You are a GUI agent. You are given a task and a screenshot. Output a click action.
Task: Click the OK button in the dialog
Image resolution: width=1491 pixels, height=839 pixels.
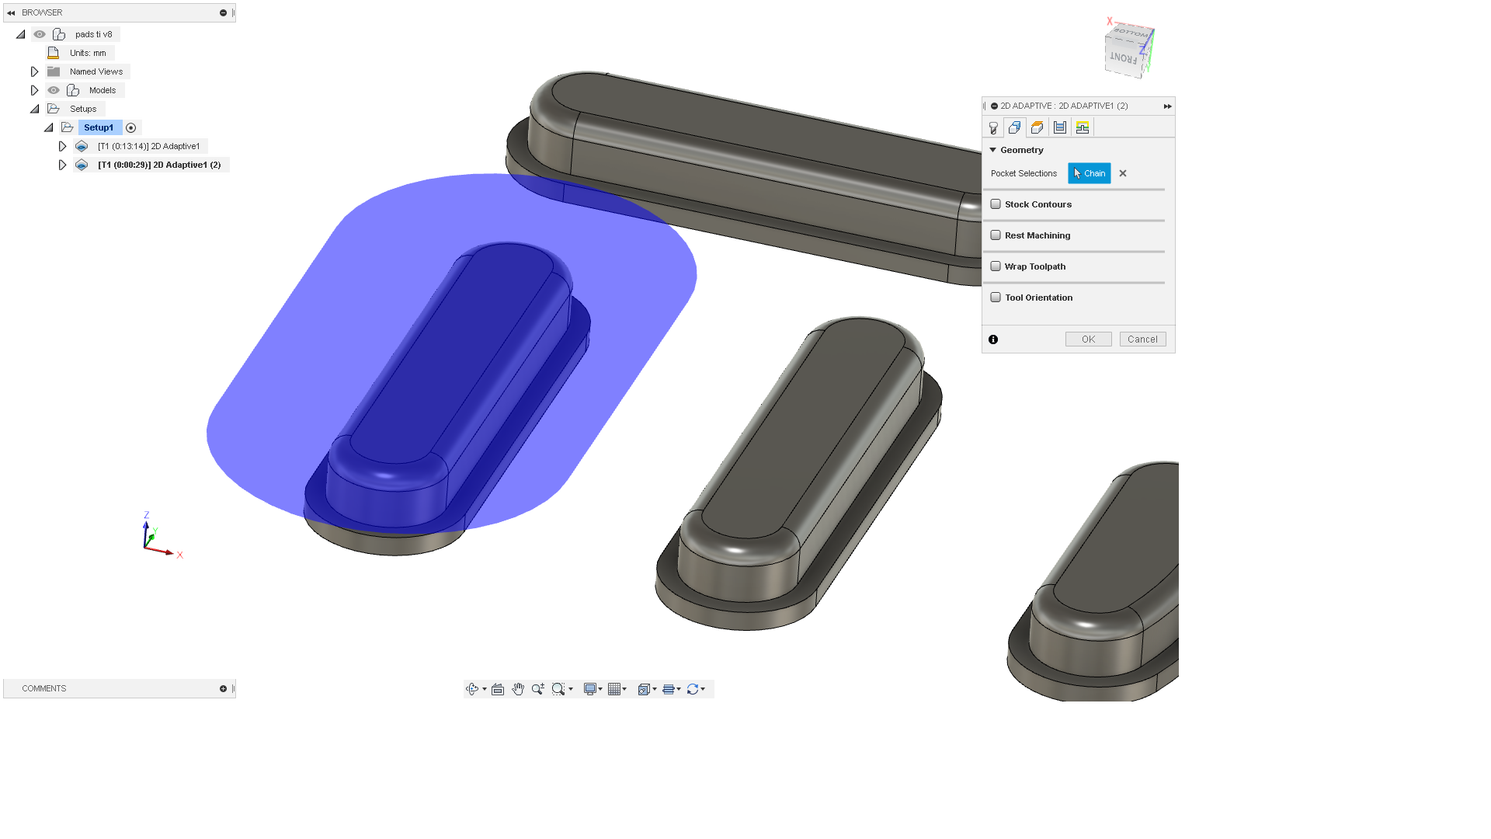1088,339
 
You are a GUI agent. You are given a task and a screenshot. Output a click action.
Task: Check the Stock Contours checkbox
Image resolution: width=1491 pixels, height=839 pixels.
996,204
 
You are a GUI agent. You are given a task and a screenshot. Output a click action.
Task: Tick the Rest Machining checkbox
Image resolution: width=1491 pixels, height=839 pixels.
996,235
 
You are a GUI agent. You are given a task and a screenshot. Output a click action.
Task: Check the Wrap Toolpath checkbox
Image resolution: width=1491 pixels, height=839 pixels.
996,266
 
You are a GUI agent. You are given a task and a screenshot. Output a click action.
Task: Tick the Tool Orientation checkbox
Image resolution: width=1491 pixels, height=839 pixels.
996,298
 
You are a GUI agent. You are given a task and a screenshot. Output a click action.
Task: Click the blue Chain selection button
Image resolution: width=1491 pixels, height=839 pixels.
1089,173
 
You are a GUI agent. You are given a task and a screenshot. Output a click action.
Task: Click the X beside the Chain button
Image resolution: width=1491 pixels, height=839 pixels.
1123,173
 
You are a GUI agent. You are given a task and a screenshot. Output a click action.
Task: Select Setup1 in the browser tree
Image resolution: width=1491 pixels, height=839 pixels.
99,127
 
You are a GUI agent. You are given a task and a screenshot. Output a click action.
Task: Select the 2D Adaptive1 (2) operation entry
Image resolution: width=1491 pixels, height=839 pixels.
159,165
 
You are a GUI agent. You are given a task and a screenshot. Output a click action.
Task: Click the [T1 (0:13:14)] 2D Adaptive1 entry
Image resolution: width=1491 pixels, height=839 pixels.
148,146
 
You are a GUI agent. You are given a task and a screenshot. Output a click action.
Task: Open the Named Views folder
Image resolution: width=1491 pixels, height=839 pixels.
96,71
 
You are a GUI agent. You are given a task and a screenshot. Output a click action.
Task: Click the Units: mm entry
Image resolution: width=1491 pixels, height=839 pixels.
88,53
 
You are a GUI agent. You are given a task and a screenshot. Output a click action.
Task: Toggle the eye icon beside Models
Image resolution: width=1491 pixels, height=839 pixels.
54,90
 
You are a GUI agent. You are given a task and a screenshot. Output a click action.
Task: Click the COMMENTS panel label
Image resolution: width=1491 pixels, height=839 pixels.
44,688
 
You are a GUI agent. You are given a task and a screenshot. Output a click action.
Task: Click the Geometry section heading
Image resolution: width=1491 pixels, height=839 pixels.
1021,150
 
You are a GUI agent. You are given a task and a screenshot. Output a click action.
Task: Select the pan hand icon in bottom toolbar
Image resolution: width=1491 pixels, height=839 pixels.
518,689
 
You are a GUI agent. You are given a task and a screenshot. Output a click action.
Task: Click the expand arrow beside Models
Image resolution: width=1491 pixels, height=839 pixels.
34,90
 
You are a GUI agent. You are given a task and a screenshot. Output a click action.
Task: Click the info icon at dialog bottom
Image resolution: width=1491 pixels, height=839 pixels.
993,339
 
